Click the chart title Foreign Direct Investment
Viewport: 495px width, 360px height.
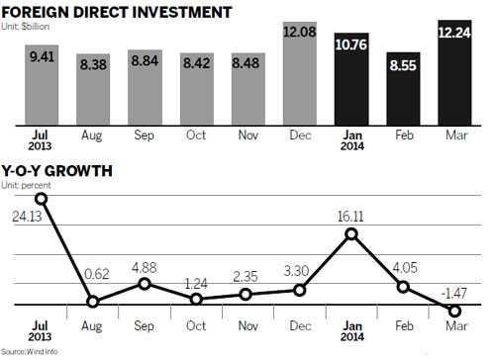(117, 12)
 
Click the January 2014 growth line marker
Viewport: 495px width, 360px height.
(350, 234)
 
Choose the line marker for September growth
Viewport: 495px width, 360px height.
(144, 284)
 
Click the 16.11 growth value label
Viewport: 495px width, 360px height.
(350, 213)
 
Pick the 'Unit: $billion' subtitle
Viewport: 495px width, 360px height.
(39, 25)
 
